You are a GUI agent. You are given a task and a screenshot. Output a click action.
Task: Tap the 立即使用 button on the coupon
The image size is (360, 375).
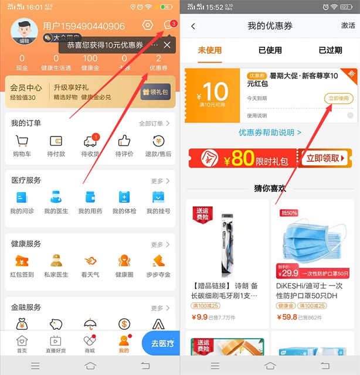pos(338,98)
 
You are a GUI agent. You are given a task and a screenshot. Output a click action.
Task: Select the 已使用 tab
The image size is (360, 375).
pos(270,50)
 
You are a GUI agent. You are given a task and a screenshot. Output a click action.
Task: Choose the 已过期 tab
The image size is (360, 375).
pos(330,50)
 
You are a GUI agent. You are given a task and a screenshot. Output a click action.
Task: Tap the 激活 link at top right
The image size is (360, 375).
pos(348,26)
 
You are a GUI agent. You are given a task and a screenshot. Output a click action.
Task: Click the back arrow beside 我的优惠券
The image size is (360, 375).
pos(193,26)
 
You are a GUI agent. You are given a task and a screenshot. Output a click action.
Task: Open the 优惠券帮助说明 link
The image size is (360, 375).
pos(270,133)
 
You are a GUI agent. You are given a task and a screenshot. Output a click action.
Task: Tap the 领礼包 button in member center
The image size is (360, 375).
pos(155,93)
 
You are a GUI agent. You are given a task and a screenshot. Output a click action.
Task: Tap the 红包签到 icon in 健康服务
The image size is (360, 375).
pos(22,261)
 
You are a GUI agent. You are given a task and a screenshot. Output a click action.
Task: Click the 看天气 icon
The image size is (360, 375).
pos(90,261)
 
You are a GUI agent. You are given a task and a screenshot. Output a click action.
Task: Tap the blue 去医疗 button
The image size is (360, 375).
pos(161,343)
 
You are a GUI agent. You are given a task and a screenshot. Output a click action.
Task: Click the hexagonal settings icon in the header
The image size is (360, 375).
pos(148,26)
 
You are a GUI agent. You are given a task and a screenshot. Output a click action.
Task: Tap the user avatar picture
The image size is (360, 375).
pos(24,28)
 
